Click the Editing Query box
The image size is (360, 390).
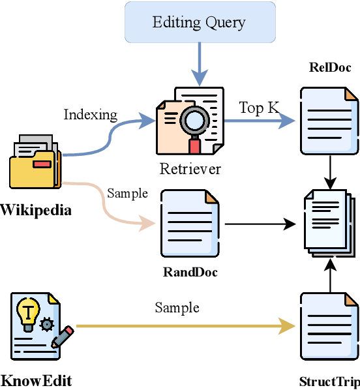coord(199,23)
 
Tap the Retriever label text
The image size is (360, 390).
coord(190,169)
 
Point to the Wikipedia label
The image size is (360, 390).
coord(36,210)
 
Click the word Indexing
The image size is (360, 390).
coord(91,115)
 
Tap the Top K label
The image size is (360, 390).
coord(259,108)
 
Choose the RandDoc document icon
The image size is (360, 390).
coord(190,223)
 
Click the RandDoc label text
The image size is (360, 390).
coord(190,271)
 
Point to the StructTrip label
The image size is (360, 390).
coord(329,382)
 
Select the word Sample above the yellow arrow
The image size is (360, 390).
coord(177,307)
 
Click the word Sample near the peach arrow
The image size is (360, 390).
coord(127,194)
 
